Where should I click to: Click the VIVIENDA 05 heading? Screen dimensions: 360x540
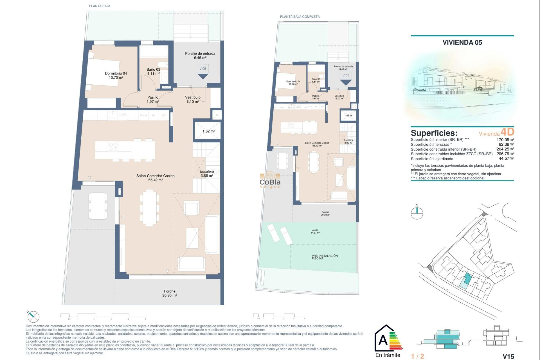(462, 42)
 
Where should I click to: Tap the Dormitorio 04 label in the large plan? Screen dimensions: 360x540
(116, 75)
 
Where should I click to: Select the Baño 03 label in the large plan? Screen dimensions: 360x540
(153, 71)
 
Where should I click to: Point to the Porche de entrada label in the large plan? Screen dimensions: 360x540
(200, 55)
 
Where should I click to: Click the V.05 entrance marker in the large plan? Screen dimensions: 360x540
(202, 69)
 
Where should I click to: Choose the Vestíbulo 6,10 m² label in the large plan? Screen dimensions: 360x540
(193, 99)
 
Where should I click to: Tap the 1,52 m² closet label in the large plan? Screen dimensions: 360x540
(208, 131)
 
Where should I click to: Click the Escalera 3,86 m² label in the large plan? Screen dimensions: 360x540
(207, 173)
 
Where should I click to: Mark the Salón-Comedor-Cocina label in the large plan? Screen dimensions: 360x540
(155, 178)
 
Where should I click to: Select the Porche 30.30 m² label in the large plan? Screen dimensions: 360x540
(169, 293)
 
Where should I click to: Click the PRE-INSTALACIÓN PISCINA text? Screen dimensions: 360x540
(325, 257)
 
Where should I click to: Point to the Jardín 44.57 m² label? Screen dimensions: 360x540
(315, 231)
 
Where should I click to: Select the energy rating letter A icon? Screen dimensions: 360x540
(383, 340)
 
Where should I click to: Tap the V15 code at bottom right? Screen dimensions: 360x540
(508, 356)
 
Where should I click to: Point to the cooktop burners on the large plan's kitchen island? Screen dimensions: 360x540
(113, 147)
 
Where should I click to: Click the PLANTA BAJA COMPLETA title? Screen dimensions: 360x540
(300, 17)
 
